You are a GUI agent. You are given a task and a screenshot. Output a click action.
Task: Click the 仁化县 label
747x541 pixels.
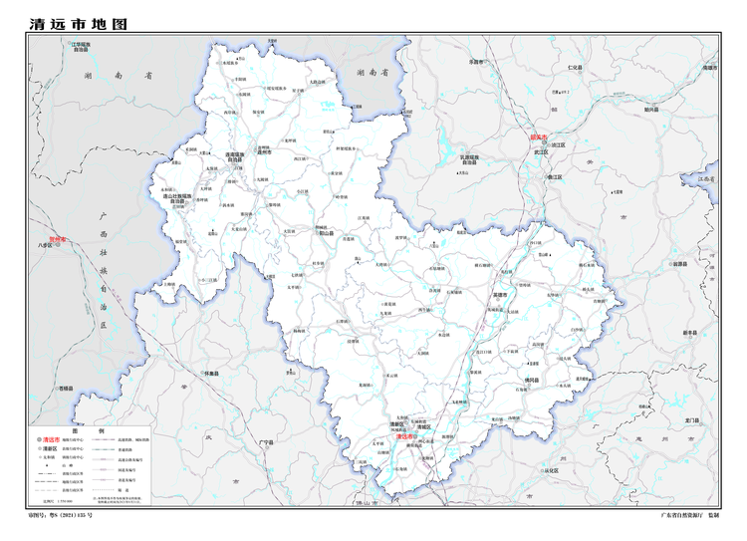pos(574,67)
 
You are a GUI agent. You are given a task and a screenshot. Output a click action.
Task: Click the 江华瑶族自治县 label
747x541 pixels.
pos(80,46)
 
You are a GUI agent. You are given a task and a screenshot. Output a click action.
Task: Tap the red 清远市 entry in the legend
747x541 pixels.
pos(51,438)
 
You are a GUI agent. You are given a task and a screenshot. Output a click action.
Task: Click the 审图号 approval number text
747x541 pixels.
pos(63,515)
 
